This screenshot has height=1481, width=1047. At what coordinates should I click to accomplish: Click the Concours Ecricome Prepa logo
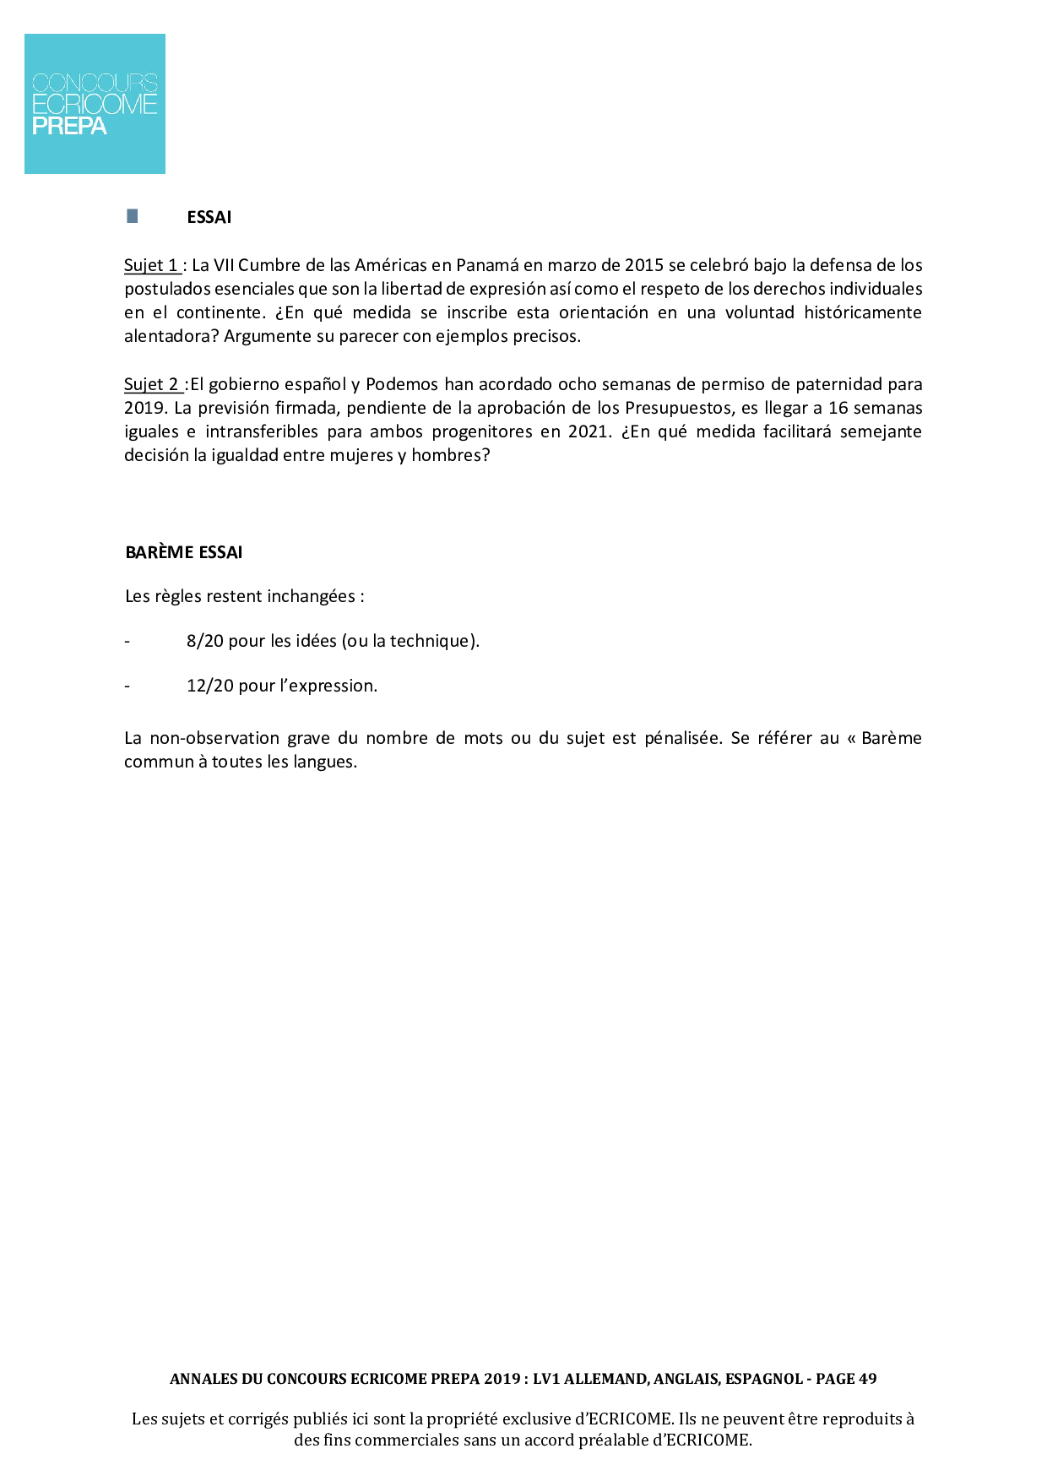point(95,104)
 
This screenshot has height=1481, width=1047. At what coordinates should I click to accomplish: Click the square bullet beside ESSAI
point(133,216)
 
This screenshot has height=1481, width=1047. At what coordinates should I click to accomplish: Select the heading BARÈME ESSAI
point(184,552)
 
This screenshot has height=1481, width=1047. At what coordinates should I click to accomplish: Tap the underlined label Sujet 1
point(151,265)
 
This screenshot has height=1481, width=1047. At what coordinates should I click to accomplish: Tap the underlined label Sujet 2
point(152,384)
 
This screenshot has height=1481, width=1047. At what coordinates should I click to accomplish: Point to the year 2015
point(643,265)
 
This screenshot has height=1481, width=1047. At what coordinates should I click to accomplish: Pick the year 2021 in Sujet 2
point(587,431)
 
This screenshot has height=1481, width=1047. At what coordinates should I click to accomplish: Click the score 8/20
point(205,641)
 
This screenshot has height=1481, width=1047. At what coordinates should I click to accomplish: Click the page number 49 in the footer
point(867,1379)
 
